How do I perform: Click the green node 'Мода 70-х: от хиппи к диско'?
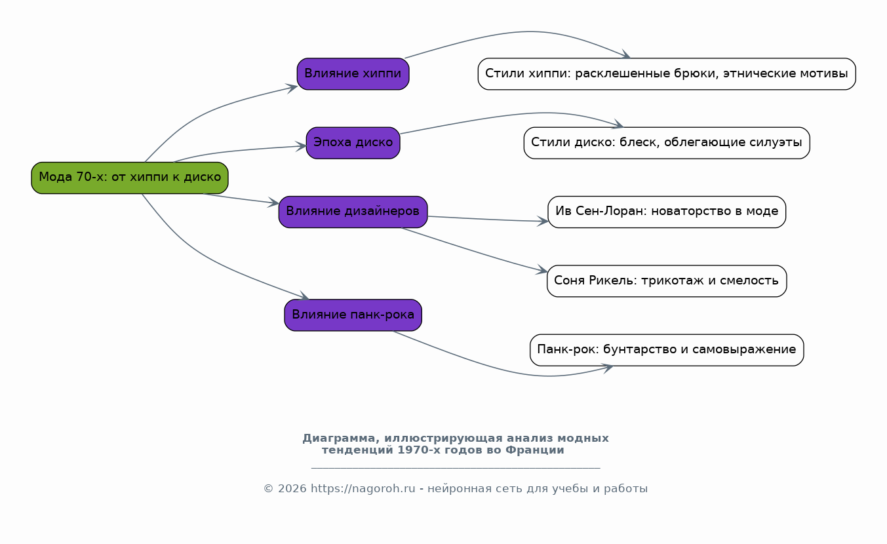point(130,178)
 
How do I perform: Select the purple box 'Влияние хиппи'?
point(353,74)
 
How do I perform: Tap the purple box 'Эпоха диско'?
point(353,143)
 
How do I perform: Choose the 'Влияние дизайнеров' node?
point(353,212)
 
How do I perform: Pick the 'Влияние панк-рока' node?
point(353,315)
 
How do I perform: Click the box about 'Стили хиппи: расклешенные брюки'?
point(666,74)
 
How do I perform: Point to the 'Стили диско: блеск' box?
point(666,143)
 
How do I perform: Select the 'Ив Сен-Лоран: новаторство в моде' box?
point(666,212)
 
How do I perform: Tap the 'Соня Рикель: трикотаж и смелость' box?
point(666,281)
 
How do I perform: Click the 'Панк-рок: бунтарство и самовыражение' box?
point(666,350)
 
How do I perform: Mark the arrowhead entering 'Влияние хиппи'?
point(292,87)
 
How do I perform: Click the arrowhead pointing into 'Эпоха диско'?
point(302,146)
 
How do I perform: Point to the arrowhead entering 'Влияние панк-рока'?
point(304,298)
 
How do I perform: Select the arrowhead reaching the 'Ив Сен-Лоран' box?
point(543,222)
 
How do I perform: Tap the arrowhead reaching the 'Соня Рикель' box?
point(542,271)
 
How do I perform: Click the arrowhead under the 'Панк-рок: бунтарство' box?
point(608,368)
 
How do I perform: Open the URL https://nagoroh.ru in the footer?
point(363,489)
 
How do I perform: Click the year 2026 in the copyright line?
point(292,489)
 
